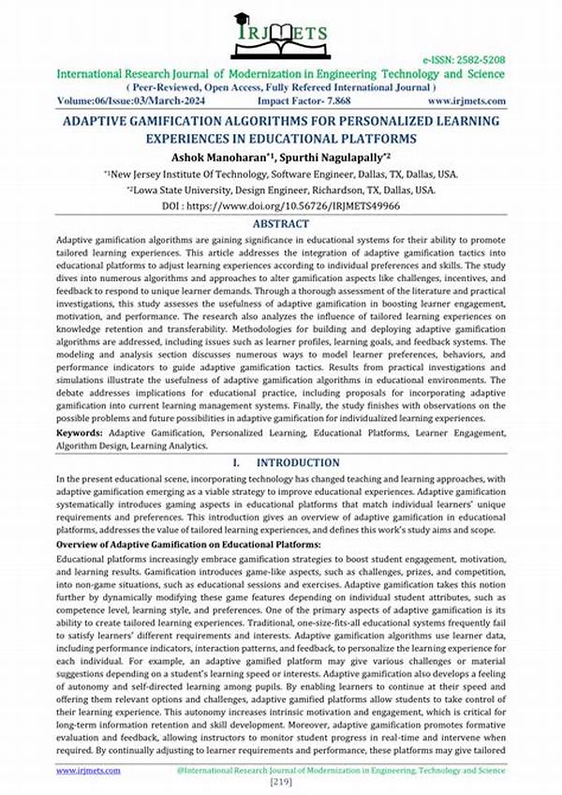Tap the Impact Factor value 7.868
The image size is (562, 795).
point(334,99)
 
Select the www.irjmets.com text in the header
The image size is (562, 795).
point(467,99)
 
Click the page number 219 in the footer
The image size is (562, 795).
point(281,782)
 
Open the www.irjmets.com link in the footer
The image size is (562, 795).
point(88,770)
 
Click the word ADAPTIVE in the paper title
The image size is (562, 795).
point(101,122)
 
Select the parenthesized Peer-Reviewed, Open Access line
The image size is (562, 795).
point(281,85)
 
